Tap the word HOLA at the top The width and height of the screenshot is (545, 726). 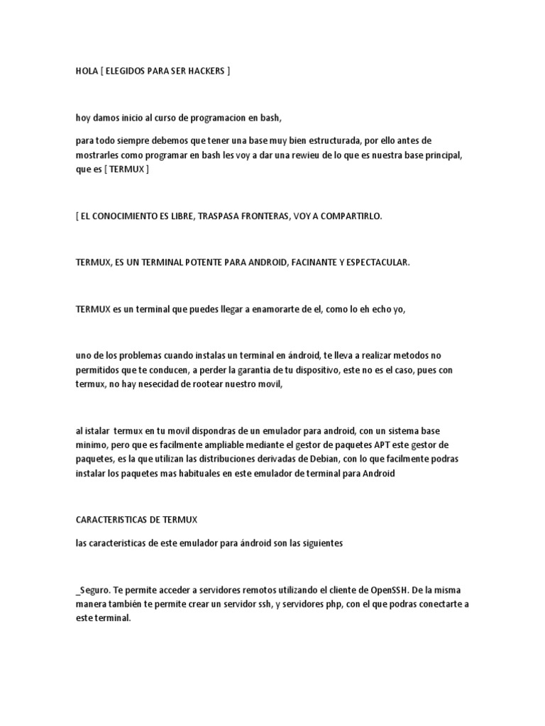tap(87, 72)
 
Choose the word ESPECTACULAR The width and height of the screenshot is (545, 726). tap(374, 262)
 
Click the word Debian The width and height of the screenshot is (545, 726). tap(301, 459)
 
